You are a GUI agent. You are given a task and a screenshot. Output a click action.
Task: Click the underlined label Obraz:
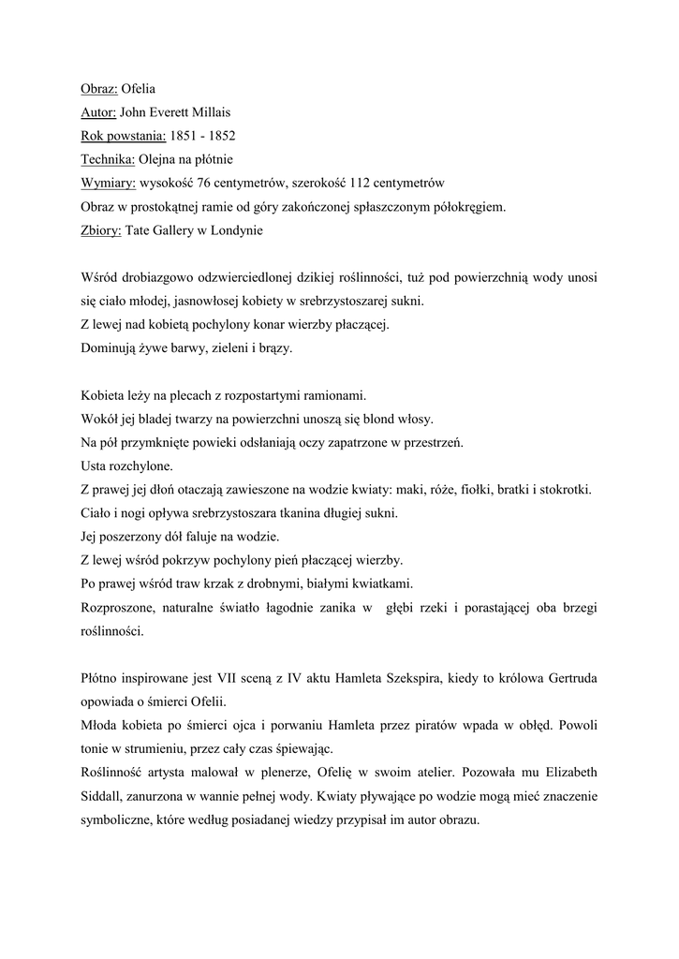click(98, 92)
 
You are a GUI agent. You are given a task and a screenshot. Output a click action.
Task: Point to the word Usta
click(96, 465)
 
